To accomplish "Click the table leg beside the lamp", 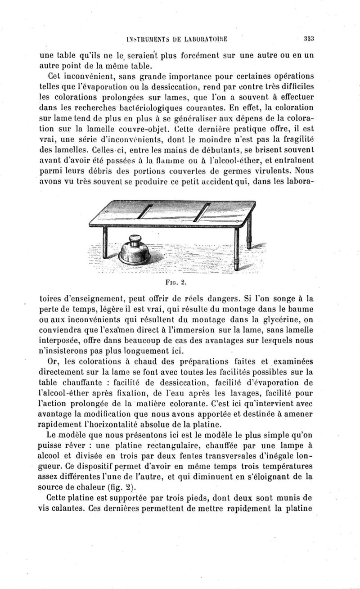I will (105, 243).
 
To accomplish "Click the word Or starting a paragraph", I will (53, 362).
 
